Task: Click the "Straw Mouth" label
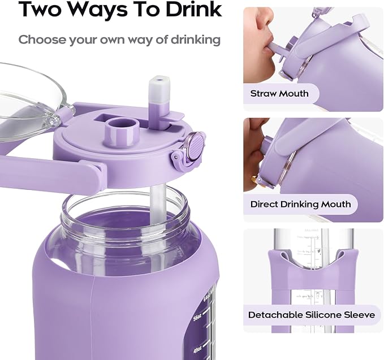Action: click(279, 93)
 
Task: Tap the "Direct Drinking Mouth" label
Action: click(301, 204)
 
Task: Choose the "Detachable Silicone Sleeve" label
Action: click(312, 315)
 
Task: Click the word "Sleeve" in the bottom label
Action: click(357, 315)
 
